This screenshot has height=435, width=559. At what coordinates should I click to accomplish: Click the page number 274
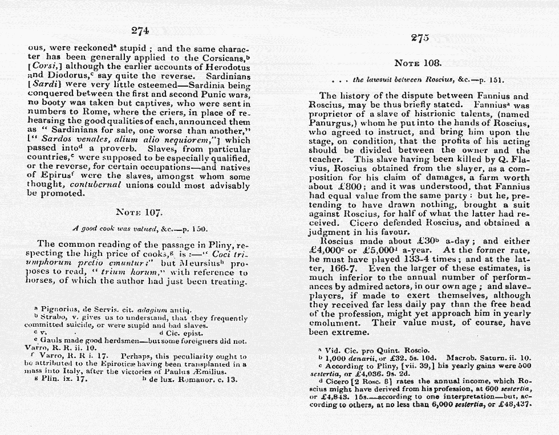click(x=140, y=31)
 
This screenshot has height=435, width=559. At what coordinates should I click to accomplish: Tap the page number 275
click(x=419, y=38)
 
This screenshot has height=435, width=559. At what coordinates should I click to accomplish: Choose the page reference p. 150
click(x=193, y=229)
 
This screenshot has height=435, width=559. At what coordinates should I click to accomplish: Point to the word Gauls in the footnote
click(x=52, y=341)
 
